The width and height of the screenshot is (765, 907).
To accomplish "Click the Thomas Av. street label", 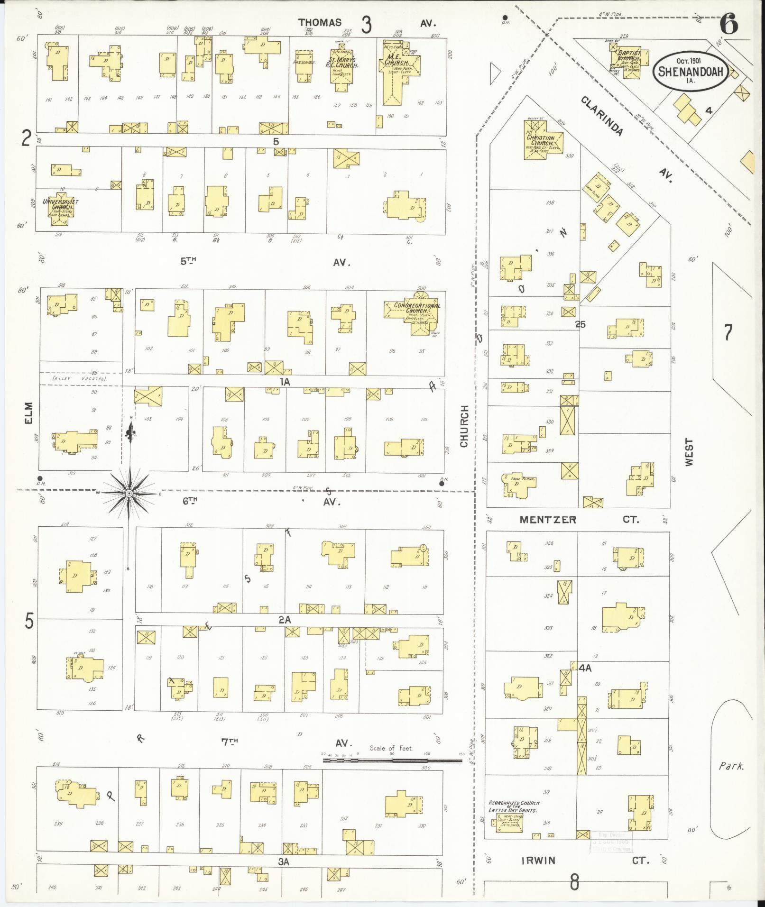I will pyautogui.click(x=320, y=23).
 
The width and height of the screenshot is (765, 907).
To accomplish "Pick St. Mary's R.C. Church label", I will pyautogui.click(x=344, y=63).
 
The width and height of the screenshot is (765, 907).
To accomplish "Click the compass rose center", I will pyautogui.click(x=129, y=494).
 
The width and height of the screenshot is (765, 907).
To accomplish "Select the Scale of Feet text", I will pyautogui.click(x=391, y=749).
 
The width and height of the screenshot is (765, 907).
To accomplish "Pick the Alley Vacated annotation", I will pyautogui.click(x=79, y=379).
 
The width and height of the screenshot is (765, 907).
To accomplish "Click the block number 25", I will pyautogui.click(x=581, y=325).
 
